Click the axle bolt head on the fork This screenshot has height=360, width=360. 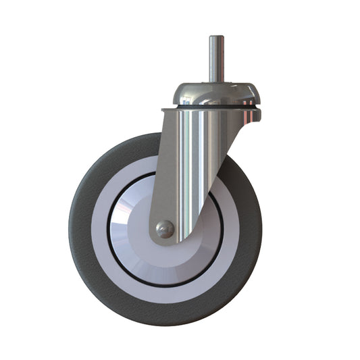[x=164, y=230]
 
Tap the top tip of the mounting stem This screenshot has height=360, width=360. [x=216, y=37]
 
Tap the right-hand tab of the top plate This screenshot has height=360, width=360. [x=256, y=114]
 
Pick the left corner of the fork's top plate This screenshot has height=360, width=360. [x=164, y=110]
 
